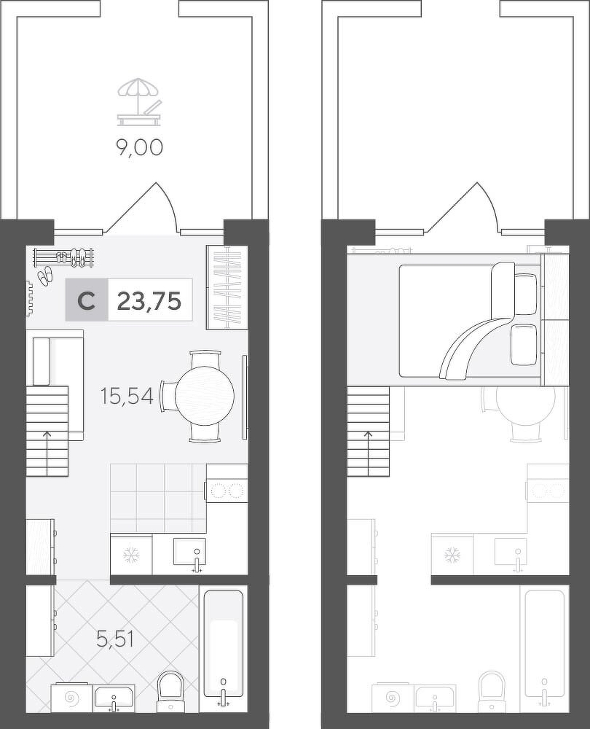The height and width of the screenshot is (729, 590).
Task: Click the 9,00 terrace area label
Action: click(x=139, y=147)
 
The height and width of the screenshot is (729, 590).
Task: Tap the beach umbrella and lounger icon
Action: click(x=140, y=102)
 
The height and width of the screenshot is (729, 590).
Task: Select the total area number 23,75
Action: click(x=149, y=301)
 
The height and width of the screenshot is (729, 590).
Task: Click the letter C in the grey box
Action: click(x=87, y=301)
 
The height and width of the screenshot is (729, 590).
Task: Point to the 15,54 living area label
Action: click(x=127, y=396)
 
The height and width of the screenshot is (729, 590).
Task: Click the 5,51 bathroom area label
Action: click(x=115, y=639)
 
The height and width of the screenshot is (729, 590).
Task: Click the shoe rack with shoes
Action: click(x=64, y=257)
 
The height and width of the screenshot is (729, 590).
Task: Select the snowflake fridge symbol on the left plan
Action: click(x=131, y=555)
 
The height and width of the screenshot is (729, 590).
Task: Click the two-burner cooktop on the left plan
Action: click(x=227, y=491)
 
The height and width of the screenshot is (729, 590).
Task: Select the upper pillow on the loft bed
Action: click(x=526, y=294)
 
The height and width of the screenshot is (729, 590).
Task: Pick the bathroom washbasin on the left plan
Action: click(x=114, y=700)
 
